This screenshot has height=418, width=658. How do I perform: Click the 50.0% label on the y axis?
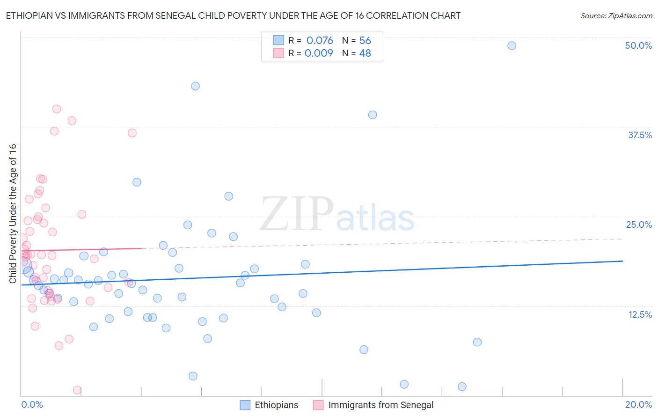(x=638, y=45)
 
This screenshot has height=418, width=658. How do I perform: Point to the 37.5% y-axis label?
(x=639, y=135)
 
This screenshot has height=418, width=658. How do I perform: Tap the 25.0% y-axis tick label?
(x=639, y=224)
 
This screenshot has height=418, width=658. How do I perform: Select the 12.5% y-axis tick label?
(x=640, y=314)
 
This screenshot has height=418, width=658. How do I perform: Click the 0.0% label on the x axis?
(x=32, y=404)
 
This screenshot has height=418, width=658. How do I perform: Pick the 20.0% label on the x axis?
(x=638, y=404)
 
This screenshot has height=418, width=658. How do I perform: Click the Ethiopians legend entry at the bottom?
(x=276, y=405)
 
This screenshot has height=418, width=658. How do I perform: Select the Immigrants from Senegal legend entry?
(x=380, y=405)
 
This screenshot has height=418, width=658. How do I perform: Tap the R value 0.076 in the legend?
(x=320, y=40)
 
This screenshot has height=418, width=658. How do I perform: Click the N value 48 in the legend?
(x=365, y=53)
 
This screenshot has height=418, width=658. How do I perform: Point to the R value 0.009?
(x=319, y=53)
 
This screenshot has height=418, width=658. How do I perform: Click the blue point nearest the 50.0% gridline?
(x=512, y=45)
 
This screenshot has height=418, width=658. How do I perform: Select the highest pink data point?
(x=57, y=109)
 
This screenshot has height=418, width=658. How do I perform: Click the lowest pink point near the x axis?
(x=77, y=390)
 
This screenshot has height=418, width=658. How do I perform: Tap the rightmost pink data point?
(x=132, y=133)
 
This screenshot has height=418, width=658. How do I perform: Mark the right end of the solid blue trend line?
(x=622, y=261)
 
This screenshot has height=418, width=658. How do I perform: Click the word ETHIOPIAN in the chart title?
(x=33, y=15)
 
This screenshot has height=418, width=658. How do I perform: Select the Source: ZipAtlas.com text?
(x=616, y=15)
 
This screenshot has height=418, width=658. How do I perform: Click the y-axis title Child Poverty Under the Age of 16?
(x=13, y=213)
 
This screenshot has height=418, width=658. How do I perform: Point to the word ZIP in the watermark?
(x=296, y=214)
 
